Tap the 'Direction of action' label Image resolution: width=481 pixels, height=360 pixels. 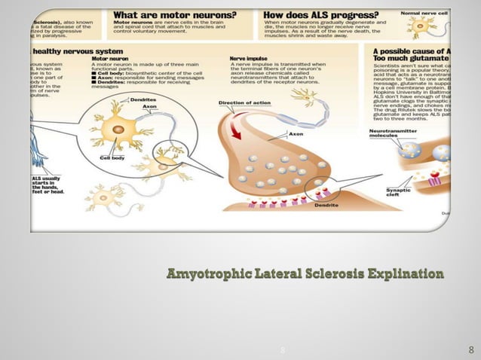[243, 102]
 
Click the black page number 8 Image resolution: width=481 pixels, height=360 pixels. [470, 350]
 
